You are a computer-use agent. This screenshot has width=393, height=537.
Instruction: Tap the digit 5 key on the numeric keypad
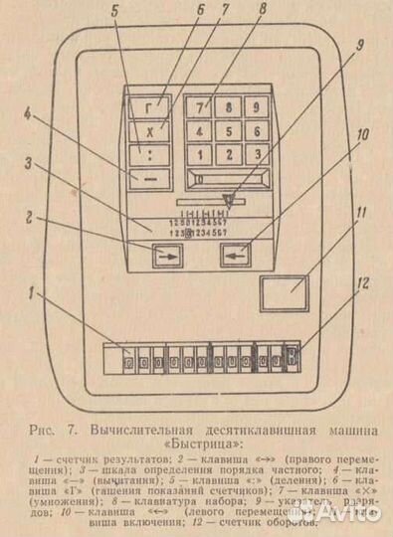click(x=229, y=129)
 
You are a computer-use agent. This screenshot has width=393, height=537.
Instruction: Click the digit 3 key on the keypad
click(x=257, y=153)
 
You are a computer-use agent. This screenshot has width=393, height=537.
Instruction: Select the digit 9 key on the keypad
click(x=257, y=105)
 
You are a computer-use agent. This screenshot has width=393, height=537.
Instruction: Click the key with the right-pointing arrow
click(x=167, y=257)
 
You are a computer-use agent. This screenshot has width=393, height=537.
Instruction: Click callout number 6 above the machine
click(x=200, y=12)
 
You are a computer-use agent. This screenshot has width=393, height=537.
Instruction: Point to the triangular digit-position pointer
click(x=227, y=200)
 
